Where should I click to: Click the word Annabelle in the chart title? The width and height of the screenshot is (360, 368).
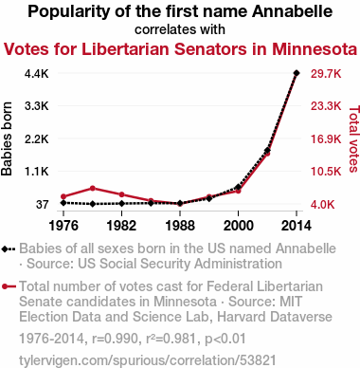point(292,11)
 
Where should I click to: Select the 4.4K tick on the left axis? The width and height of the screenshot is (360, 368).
point(37,74)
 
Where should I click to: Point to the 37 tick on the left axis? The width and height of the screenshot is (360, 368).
point(43,205)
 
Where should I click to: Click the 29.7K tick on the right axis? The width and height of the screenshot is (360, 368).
point(326,74)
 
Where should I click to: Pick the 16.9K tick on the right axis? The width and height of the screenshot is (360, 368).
point(326,139)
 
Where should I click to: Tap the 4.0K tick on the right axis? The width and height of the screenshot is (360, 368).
point(323,205)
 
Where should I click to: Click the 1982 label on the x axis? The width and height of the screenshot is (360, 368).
point(121,226)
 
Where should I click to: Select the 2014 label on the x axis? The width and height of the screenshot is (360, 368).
point(297,226)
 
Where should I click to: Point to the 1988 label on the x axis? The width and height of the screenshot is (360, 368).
point(180,226)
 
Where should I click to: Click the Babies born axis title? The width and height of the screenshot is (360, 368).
point(7,138)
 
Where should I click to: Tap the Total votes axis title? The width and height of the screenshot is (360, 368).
point(354,138)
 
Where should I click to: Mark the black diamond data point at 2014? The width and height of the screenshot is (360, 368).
point(297,73)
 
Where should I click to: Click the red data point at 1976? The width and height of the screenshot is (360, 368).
point(63,196)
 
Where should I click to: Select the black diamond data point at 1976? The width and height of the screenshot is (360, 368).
point(63,203)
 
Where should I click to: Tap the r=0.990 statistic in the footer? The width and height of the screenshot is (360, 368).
point(115,339)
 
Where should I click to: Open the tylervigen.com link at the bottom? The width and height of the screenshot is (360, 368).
point(148,360)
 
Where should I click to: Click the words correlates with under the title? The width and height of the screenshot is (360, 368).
point(180,29)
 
